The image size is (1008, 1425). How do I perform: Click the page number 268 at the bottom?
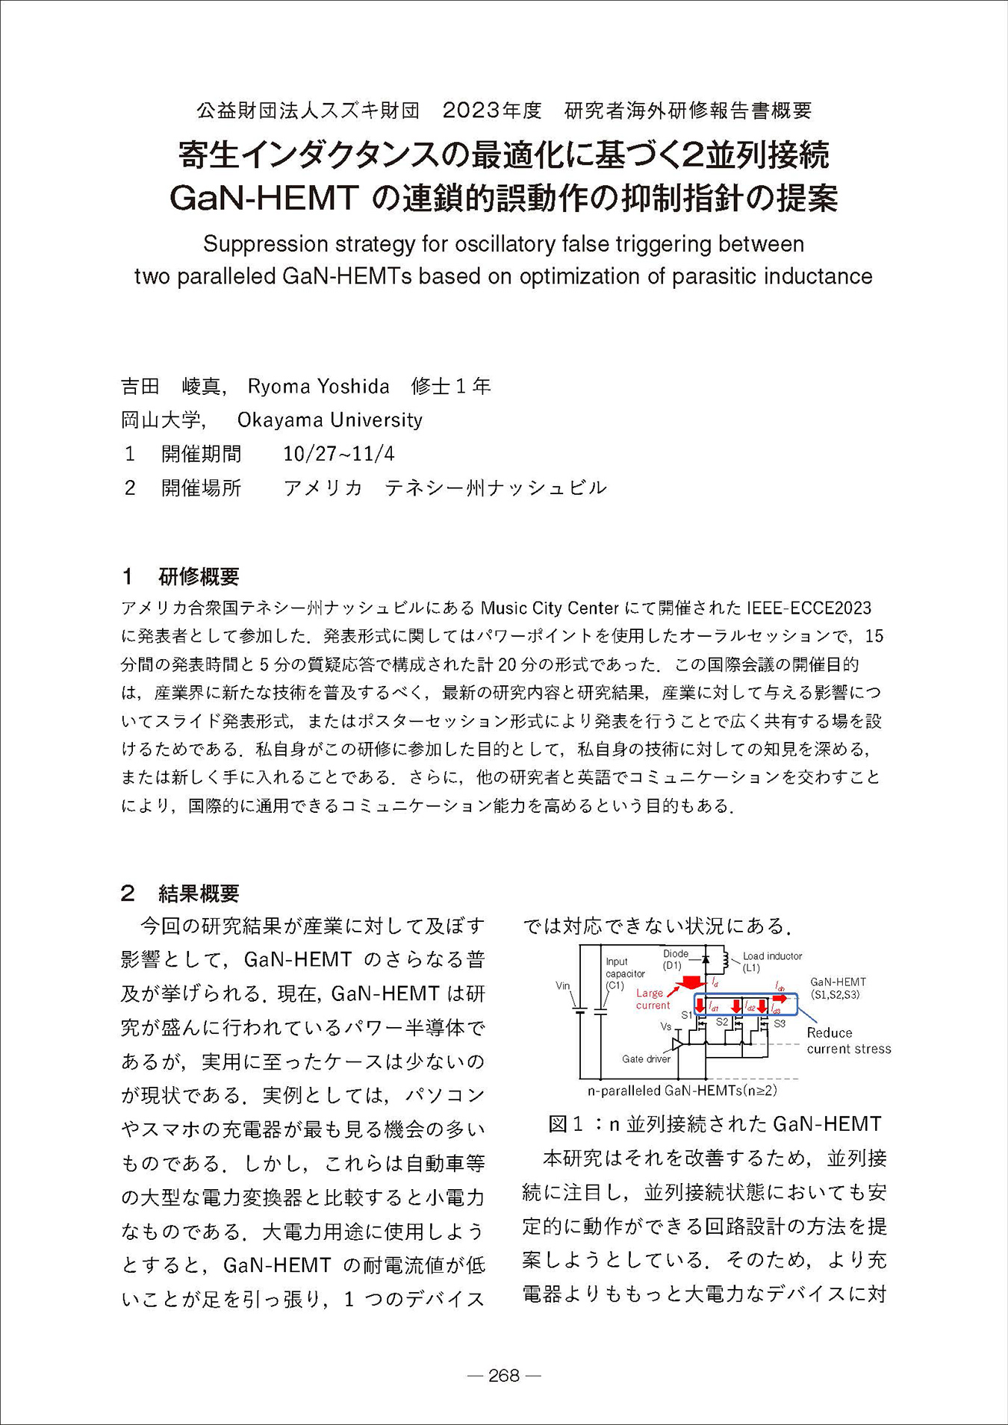pos(503,1375)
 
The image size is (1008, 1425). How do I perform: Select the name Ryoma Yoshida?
pos(318,386)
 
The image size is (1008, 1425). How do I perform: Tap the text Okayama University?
pos(329,420)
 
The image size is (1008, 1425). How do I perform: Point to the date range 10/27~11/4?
pos(339,454)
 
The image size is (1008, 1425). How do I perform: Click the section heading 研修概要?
pos(199,576)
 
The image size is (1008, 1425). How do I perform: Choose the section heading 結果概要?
pos(199,894)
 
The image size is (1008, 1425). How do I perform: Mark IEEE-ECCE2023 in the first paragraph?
pos(809,608)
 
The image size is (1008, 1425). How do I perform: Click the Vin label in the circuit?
pos(563,985)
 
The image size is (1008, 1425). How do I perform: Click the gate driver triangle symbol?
pos(678,1043)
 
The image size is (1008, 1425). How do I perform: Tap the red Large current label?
pos(653,999)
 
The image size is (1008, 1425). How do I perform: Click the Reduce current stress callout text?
pos(848,1041)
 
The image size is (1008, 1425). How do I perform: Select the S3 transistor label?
pos(779,1023)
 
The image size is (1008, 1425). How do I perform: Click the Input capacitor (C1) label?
pos(625,973)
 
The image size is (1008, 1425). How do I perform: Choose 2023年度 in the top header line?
pos(492,110)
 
